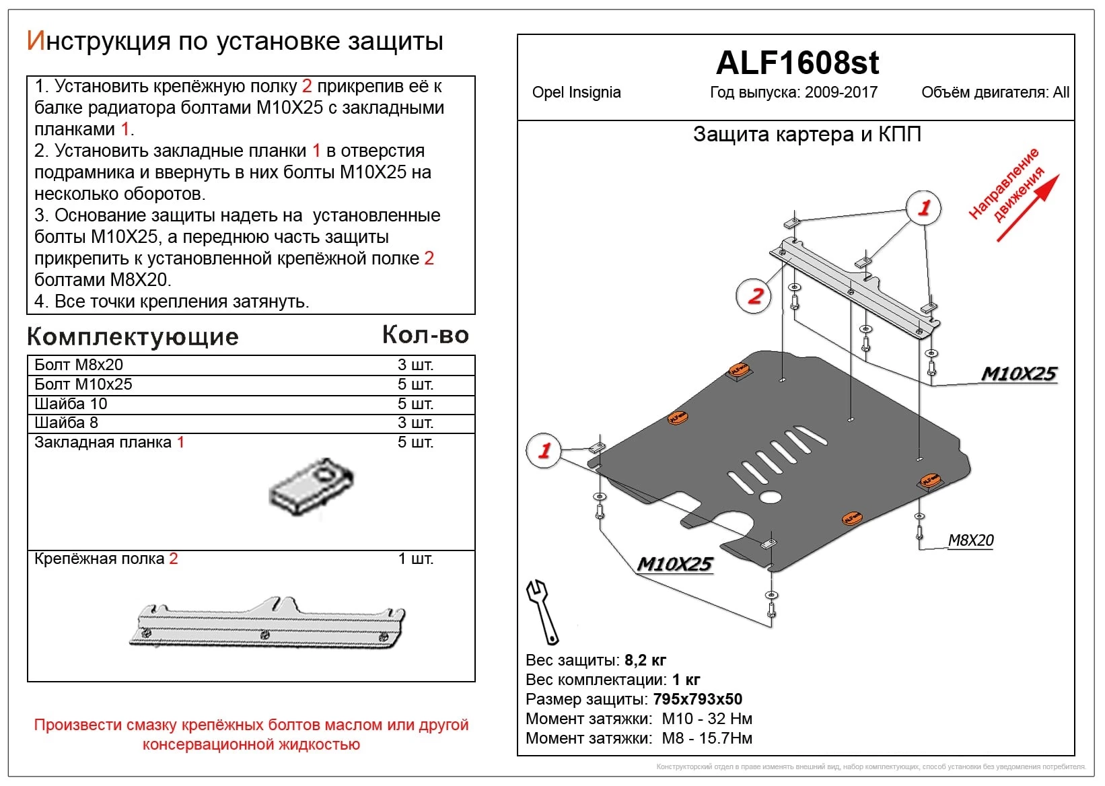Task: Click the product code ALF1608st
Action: [x=797, y=63]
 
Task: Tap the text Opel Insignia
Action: [x=576, y=93]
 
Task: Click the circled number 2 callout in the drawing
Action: [x=755, y=295]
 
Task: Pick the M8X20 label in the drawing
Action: [x=970, y=540]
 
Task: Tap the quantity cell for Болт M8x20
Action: [x=415, y=365]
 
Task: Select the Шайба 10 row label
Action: [x=71, y=404]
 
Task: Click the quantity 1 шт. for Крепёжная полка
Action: [x=415, y=559]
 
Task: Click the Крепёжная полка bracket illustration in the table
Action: [x=268, y=623]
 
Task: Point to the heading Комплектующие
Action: [x=133, y=336]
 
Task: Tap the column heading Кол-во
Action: [x=425, y=334]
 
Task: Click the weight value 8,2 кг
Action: [x=645, y=660]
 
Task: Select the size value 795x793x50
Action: [x=697, y=699]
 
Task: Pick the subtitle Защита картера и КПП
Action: [x=807, y=135]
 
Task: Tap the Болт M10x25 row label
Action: [x=83, y=384]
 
